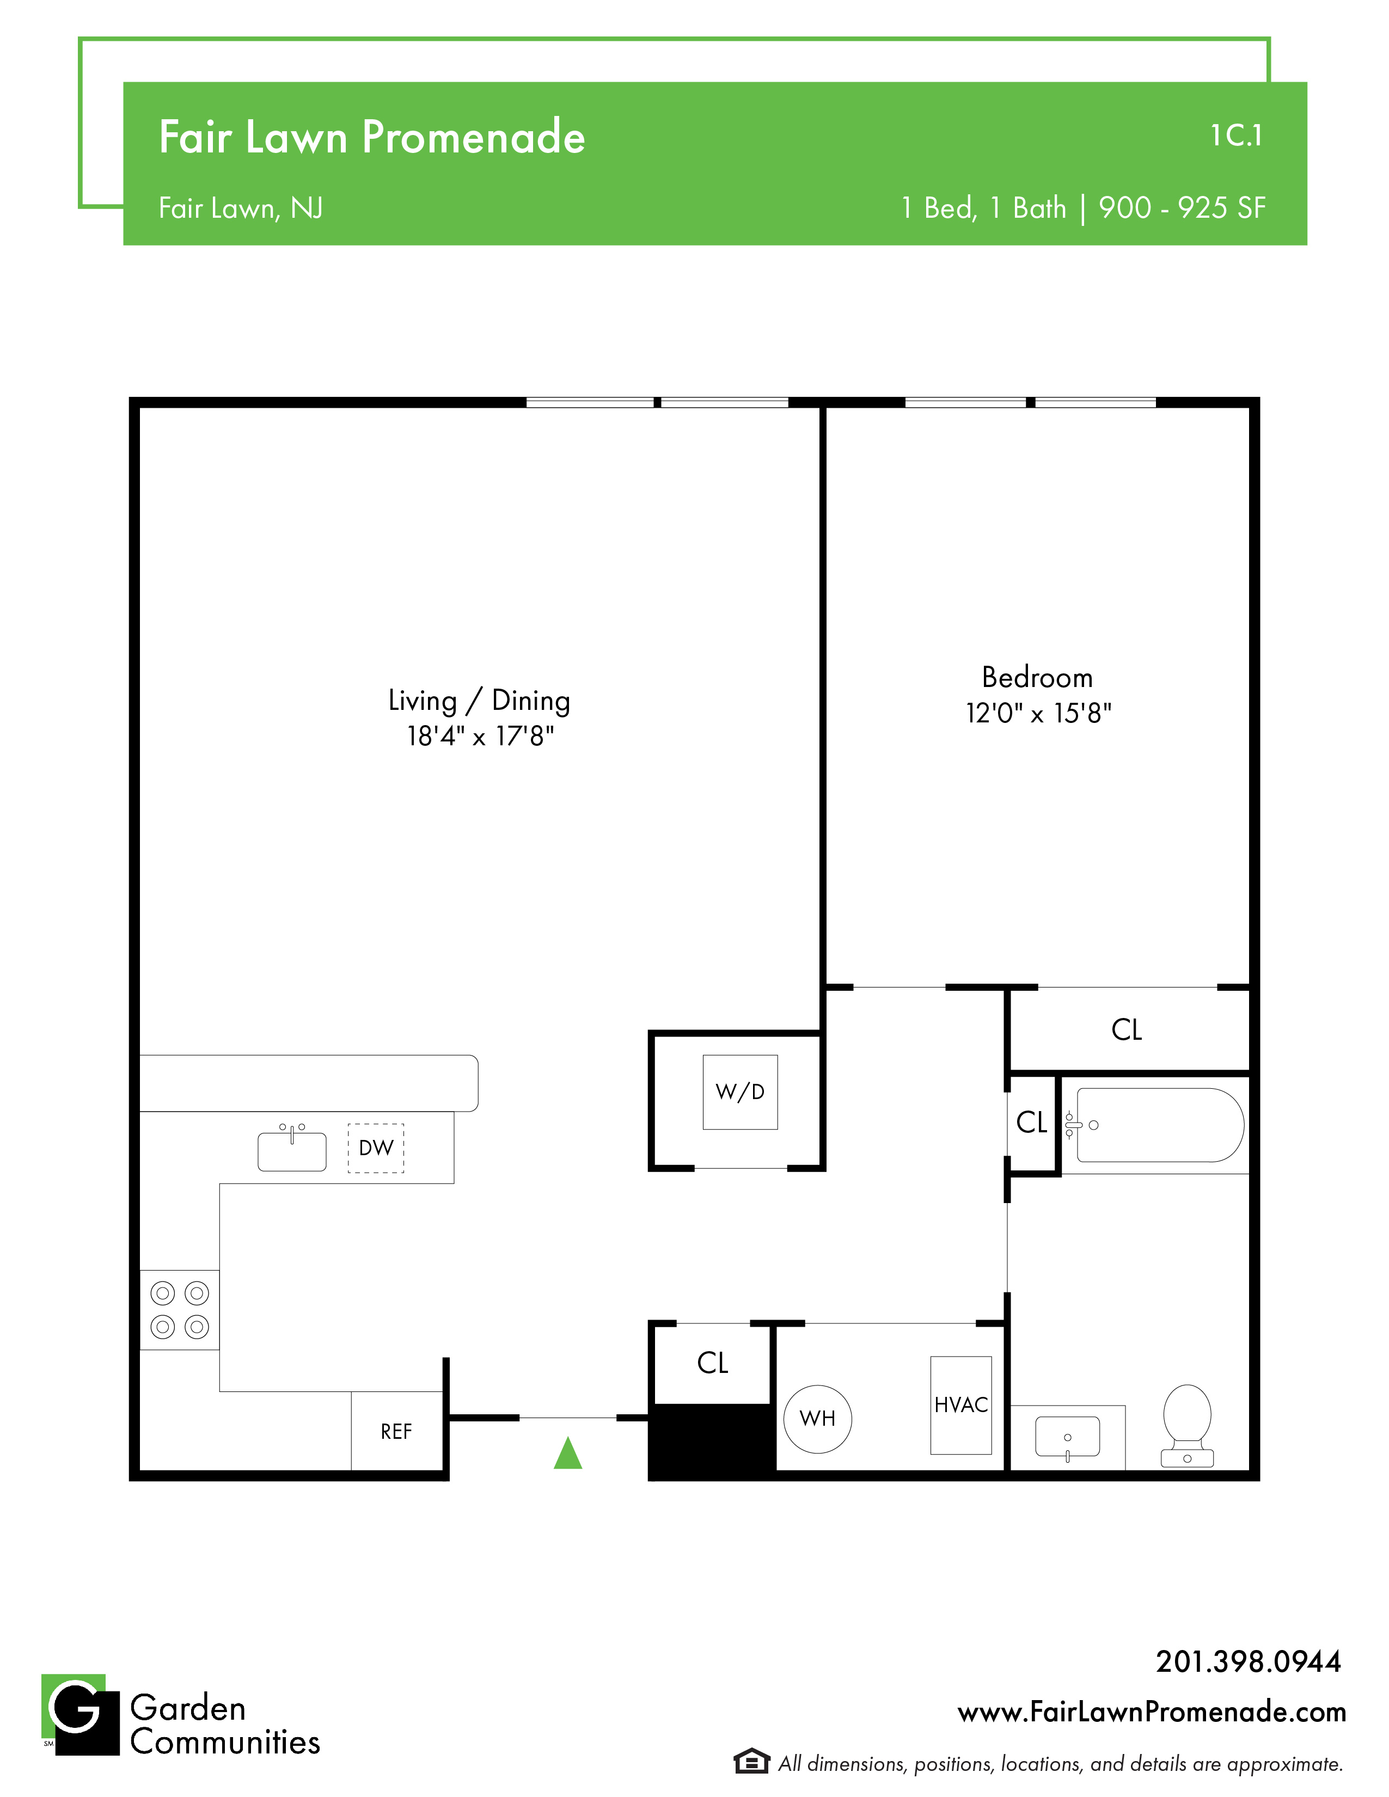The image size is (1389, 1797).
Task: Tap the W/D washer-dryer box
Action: [x=740, y=1092]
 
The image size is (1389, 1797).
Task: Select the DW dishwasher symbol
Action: [x=376, y=1148]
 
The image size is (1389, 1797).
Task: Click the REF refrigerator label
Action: [x=396, y=1432]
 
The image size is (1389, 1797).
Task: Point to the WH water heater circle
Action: [x=817, y=1419]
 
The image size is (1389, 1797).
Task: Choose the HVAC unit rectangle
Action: [x=961, y=1406]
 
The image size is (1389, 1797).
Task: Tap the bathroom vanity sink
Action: [x=1067, y=1437]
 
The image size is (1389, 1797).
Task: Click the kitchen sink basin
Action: [x=292, y=1150]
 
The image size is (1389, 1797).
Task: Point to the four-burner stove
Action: [x=179, y=1310]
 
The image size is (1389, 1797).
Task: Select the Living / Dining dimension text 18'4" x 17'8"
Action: [x=481, y=735]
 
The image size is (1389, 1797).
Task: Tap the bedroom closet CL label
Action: [x=1127, y=1029]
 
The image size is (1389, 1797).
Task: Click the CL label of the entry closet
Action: [x=713, y=1363]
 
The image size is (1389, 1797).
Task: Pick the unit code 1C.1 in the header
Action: [x=1236, y=136]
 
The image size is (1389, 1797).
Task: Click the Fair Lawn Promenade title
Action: [x=372, y=137]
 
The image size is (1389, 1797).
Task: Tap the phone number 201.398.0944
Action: [x=1249, y=1661]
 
